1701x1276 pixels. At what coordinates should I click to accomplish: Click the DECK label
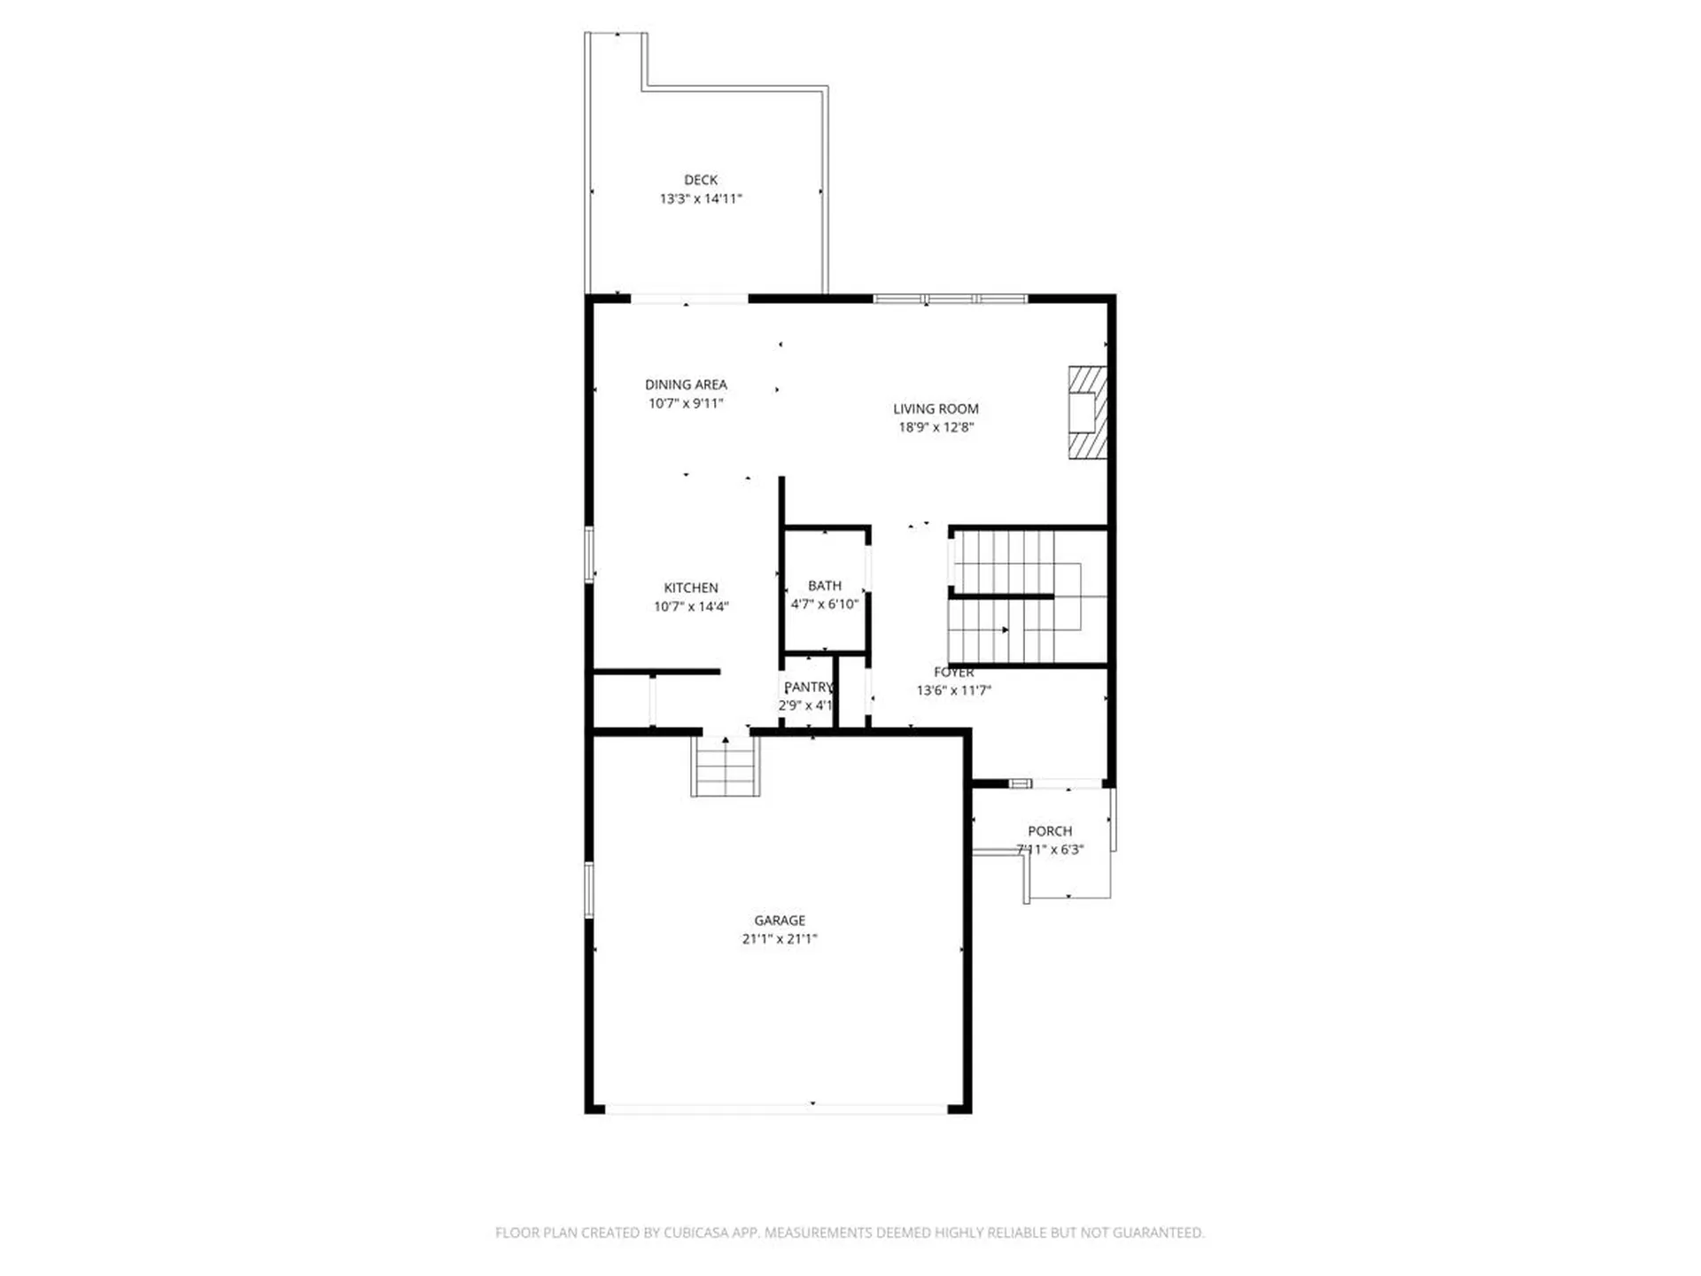(700, 180)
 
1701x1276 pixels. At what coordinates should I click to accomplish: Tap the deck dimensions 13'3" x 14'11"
(700, 198)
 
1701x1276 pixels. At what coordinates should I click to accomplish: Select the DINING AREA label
(686, 385)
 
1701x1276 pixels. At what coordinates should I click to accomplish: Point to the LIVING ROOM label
(936, 408)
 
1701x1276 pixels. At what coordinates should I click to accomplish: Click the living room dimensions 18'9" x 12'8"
(936, 427)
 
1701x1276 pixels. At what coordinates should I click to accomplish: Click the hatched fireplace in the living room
(1087, 413)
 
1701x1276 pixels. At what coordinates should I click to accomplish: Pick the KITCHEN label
(691, 587)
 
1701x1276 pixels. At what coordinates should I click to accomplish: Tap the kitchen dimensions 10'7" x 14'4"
(691, 607)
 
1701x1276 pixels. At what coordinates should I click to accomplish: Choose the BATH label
(824, 586)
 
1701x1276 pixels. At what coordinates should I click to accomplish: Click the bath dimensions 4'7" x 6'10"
(824, 604)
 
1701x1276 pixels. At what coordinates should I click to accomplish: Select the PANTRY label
(808, 687)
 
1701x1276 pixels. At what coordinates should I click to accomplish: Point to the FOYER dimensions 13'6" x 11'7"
(953, 690)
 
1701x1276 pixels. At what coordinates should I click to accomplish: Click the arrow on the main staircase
(1005, 630)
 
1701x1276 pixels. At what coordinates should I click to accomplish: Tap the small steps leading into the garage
(726, 767)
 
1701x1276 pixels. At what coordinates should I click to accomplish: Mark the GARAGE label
(780, 921)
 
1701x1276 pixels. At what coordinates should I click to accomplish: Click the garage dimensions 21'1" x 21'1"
(780, 939)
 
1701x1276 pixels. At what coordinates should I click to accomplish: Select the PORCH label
(1050, 831)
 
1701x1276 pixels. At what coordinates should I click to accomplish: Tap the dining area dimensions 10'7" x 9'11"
(686, 403)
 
